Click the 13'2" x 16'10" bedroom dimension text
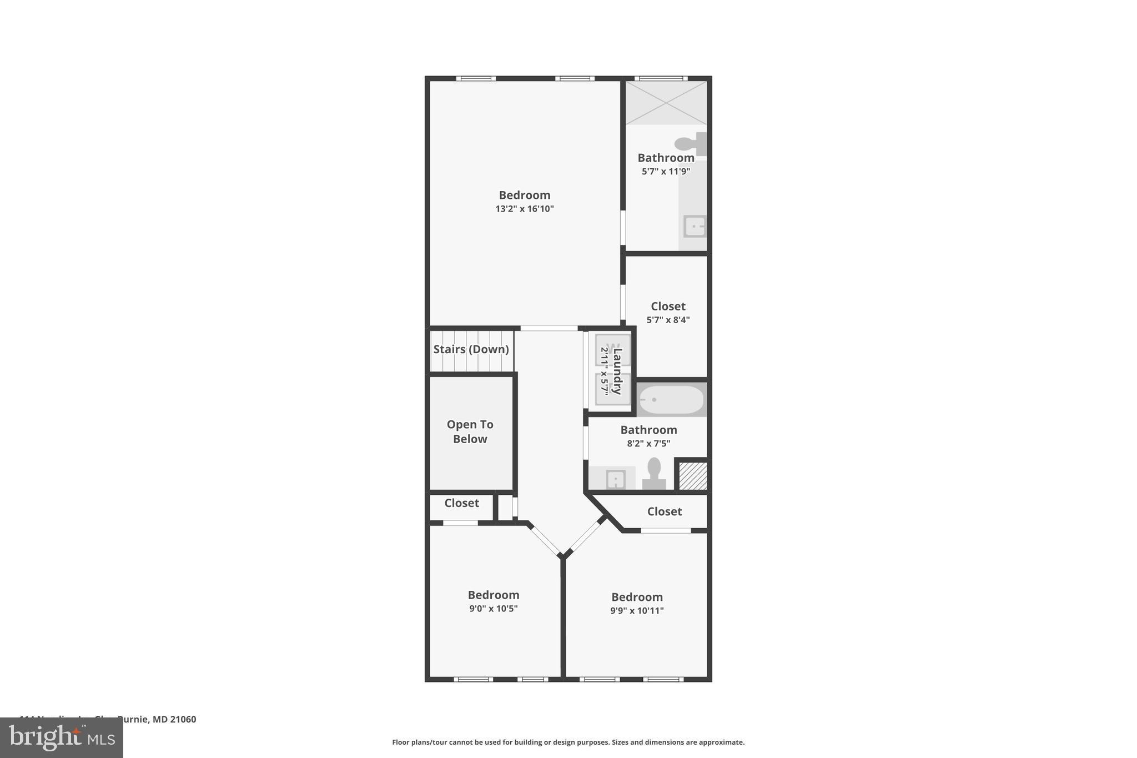[x=525, y=209]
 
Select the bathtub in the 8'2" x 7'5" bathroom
[x=671, y=400]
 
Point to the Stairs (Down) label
[x=471, y=349]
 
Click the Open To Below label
[x=470, y=431]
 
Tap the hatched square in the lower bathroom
[x=693, y=476]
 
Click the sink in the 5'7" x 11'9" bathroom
[x=694, y=227]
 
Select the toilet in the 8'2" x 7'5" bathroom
[x=654, y=473]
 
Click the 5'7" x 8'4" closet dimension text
[x=668, y=320]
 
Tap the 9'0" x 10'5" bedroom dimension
[x=494, y=609]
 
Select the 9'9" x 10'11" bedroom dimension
[x=637, y=611]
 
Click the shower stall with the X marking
[x=666, y=103]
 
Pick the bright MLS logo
[x=62, y=737]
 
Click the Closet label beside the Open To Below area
[x=461, y=503]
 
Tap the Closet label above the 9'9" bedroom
[x=665, y=511]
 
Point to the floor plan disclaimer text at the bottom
[x=568, y=742]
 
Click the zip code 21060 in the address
[x=183, y=720]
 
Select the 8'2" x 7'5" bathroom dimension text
[x=648, y=444]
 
